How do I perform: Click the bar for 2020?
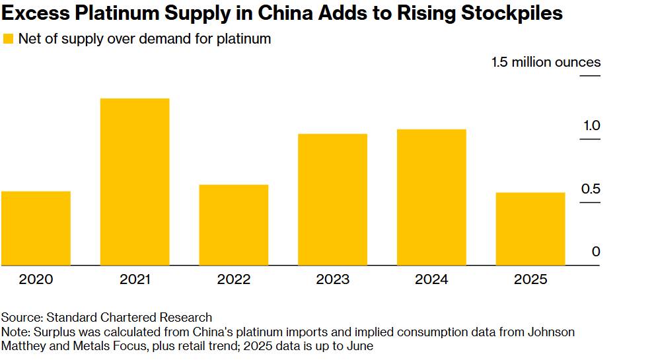(x=36, y=229)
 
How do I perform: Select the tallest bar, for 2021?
(x=135, y=182)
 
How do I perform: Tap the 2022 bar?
(x=234, y=225)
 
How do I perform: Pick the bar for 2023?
(x=332, y=199)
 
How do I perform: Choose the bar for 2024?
(x=431, y=198)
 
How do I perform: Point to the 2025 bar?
(x=530, y=229)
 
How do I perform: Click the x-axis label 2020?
(x=36, y=279)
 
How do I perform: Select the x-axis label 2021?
(x=135, y=279)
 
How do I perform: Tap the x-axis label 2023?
(x=332, y=279)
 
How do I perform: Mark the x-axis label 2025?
(x=530, y=279)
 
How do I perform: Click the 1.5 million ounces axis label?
(x=546, y=63)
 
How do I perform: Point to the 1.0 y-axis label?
(x=591, y=126)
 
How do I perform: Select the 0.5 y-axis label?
(x=591, y=190)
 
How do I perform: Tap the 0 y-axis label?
(x=596, y=252)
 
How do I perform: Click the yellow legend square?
(x=9, y=39)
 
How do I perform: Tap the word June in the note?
(x=361, y=345)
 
